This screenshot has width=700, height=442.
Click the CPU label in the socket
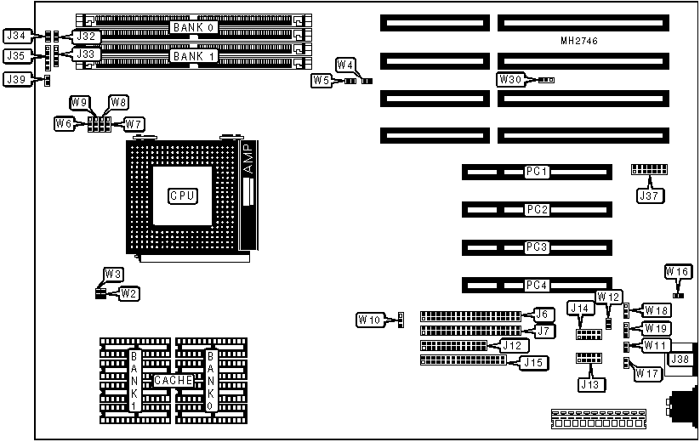click(183, 195)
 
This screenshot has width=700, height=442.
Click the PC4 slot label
click(537, 284)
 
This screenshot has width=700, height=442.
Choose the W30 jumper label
click(511, 80)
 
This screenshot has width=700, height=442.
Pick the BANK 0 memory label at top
click(194, 28)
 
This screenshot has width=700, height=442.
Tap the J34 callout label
click(17, 36)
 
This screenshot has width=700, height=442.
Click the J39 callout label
click(17, 79)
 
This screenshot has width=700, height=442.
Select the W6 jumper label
click(64, 124)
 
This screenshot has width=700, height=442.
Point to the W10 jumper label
click(368, 320)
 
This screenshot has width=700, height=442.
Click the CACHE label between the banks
click(173, 380)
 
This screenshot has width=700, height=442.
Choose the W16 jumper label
click(678, 271)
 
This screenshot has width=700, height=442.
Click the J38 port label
click(682, 360)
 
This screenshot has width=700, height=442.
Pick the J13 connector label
click(589, 384)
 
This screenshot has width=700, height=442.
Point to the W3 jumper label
click(113, 274)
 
